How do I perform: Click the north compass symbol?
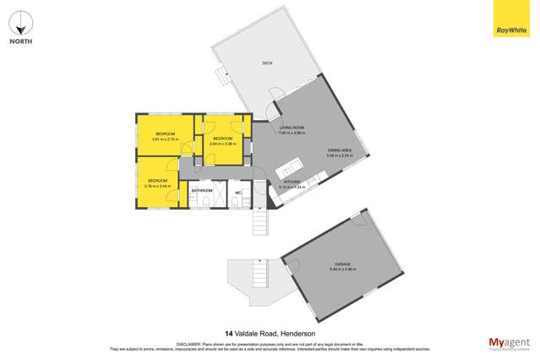[21, 20]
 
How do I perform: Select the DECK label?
[267, 63]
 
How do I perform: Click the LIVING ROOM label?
[292, 128]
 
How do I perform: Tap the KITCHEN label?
[292, 182]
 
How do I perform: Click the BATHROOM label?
[201, 191]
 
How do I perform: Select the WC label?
[238, 191]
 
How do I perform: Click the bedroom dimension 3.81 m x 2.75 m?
[165, 139]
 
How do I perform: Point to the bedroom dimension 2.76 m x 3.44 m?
[158, 186]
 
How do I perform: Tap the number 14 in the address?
[229, 333]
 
